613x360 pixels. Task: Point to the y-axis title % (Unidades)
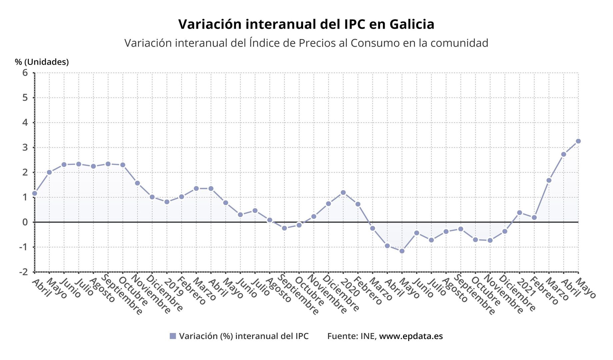pyautogui.click(x=42, y=62)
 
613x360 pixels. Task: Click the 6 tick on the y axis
pyautogui.click(x=25, y=73)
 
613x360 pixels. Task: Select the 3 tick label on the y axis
pyautogui.click(x=25, y=147)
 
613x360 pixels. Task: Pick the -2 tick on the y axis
pyautogui.click(x=23, y=272)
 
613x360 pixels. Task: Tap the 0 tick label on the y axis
pyautogui.click(x=25, y=222)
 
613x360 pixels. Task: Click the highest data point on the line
pyautogui.click(x=578, y=141)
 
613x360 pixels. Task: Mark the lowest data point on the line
pyautogui.click(x=402, y=251)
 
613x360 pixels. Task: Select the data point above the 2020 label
pyautogui.click(x=343, y=193)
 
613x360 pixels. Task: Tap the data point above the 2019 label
pyautogui.click(x=167, y=202)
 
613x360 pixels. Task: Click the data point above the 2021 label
pyautogui.click(x=519, y=213)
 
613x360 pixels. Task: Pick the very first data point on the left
pyautogui.click(x=35, y=193)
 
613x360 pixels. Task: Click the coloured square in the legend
pyautogui.click(x=173, y=336)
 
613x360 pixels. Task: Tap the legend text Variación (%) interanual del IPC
pyautogui.click(x=244, y=336)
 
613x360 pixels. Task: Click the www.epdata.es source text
pyautogui.click(x=411, y=336)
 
